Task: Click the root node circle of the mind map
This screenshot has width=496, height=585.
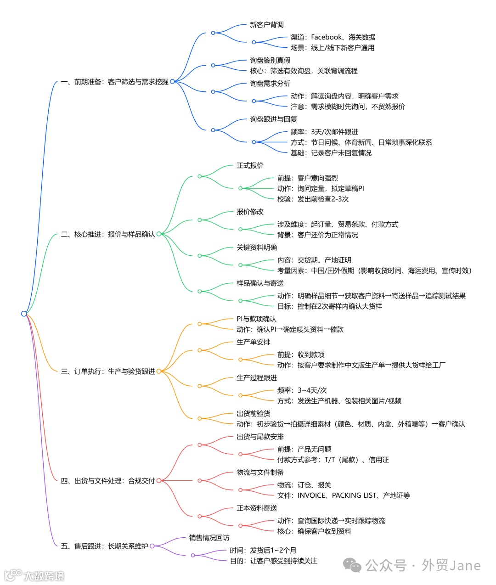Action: [x=24, y=314]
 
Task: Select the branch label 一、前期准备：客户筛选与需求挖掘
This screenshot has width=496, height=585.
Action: [x=114, y=82]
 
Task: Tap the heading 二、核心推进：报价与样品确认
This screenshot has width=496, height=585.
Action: [x=108, y=234]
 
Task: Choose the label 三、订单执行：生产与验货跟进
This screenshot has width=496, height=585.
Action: [x=108, y=371]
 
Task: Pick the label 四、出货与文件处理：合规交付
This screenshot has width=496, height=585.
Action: [x=108, y=481]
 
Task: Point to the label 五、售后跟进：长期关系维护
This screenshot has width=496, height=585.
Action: [x=105, y=546]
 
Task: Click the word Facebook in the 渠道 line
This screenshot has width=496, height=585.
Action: [x=327, y=37]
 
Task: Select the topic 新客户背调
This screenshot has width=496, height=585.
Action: [x=267, y=25]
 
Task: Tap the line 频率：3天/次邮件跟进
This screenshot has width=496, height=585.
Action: [x=324, y=132]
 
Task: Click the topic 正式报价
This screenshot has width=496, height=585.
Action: [x=250, y=165]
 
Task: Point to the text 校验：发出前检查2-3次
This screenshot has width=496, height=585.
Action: [x=313, y=199]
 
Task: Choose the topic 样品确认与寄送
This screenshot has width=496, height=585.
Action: [x=260, y=283]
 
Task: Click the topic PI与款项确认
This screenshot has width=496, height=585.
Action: [x=256, y=319]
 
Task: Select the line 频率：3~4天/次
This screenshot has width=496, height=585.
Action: [x=302, y=390]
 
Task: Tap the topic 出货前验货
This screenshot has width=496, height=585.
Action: [x=254, y=413]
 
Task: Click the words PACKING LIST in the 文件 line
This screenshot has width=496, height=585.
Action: [x=354, y=495]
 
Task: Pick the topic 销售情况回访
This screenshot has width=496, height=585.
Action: [x=209, y=538]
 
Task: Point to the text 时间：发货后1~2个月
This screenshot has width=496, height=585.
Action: [x=263, y=550]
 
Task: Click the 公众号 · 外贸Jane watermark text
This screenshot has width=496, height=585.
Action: [x=423, y=565]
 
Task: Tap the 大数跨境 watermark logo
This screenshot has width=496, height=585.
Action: [x=34, y=575]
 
